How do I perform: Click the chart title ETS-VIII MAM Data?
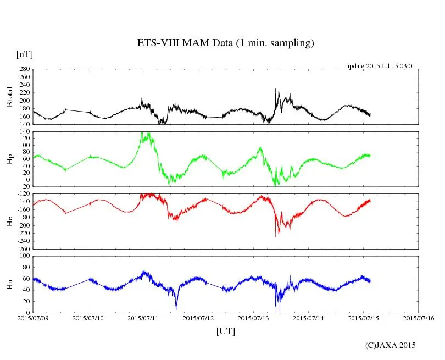(226, 43)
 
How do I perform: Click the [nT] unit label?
(24, 54)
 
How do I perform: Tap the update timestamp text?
(380, 66)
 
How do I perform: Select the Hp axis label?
(9, 159)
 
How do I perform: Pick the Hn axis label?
(9, 284)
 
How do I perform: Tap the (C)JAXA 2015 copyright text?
(391, 345)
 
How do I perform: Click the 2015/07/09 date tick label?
(33, 318)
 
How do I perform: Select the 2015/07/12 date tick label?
(198, 318)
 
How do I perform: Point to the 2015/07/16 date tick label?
(419, 318)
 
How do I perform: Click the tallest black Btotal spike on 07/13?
(275, 89)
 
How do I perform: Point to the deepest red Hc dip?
(275, 236)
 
